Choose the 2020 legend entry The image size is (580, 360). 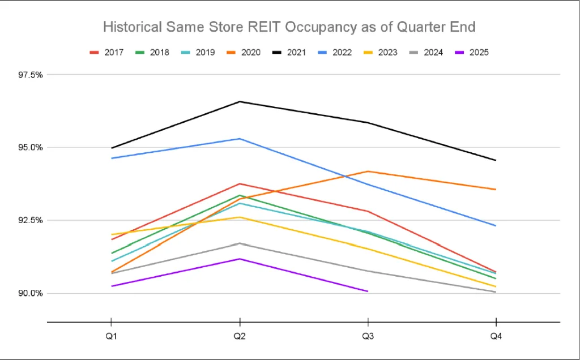(245, 53)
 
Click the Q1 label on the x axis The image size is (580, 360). (111, 337)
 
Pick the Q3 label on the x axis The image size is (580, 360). (368, 337)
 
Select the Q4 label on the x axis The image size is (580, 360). (496, 337)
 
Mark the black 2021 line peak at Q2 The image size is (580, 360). (240, 102)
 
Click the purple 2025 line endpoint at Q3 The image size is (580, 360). (368, 292)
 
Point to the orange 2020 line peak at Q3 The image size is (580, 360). (368, 172)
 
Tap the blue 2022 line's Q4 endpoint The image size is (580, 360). (496, 226)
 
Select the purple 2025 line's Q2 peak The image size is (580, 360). (240, 259)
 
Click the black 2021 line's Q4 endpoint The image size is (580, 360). (496, 160)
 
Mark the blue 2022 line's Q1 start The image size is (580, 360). (111, 158)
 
